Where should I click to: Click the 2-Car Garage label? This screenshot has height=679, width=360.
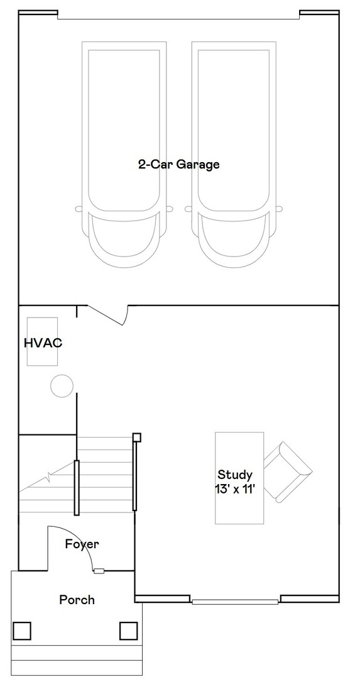point(178,165)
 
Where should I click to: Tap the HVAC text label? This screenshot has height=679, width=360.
point(43,343)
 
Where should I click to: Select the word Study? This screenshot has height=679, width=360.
point(235,475)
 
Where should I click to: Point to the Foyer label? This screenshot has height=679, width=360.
point(82,544)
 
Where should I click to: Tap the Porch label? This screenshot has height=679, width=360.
point(77,600)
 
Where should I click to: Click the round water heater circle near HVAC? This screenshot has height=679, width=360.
point(62,385)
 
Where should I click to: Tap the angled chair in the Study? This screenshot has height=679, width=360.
point(287,472)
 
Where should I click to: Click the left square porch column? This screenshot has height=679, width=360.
point(22,629)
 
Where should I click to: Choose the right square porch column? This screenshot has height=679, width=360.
point(128,629)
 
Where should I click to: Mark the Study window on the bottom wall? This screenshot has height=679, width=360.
point(235,602)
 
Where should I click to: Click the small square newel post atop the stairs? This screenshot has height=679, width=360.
point(136,437)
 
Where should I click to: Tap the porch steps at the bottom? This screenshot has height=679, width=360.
point(77,660)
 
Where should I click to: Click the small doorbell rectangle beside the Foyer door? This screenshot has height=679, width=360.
point(99,571)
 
